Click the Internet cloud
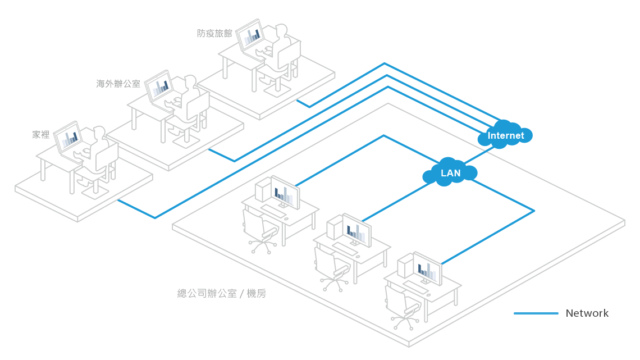pyautogui.click(x=505, y=135)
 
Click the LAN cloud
pyautogui.click(x=450, y=173)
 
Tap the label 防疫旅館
pyautogui.click(x=214, y=33)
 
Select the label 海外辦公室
pyautogui.click(x=118, y=84)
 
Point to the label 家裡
pyautogui.click(x=41, y=134)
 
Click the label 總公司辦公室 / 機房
pyautogui.click(x=221, y=293)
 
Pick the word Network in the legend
pyautogui.click(x=587, y=313)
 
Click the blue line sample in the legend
pyautogui.click(x=536, y=313)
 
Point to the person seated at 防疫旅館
pyautogui.click(x=279, y=45)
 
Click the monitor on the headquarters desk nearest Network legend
pyautogui.click(x=427, y=268)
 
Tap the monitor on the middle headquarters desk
pyautogui.click(x=356, y=230)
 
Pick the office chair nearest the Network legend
pyautogui.click(x=401, y=306)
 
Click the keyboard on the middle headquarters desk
pyautogui.click(x=344, y=249)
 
